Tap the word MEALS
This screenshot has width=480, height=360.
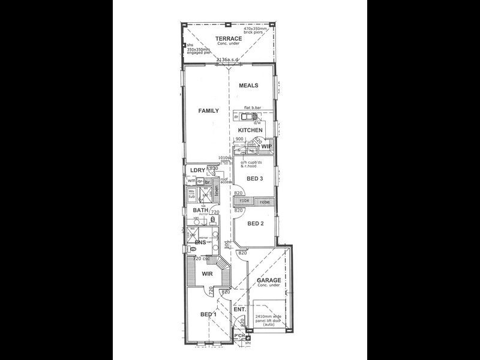point(248,86)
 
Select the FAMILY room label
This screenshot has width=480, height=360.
point(209,110)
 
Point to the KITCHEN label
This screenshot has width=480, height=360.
point(250,130)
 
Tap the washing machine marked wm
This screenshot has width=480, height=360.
point(191,181)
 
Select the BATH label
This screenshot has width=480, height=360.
point(200,211)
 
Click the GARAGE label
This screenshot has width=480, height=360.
point(269,280)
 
